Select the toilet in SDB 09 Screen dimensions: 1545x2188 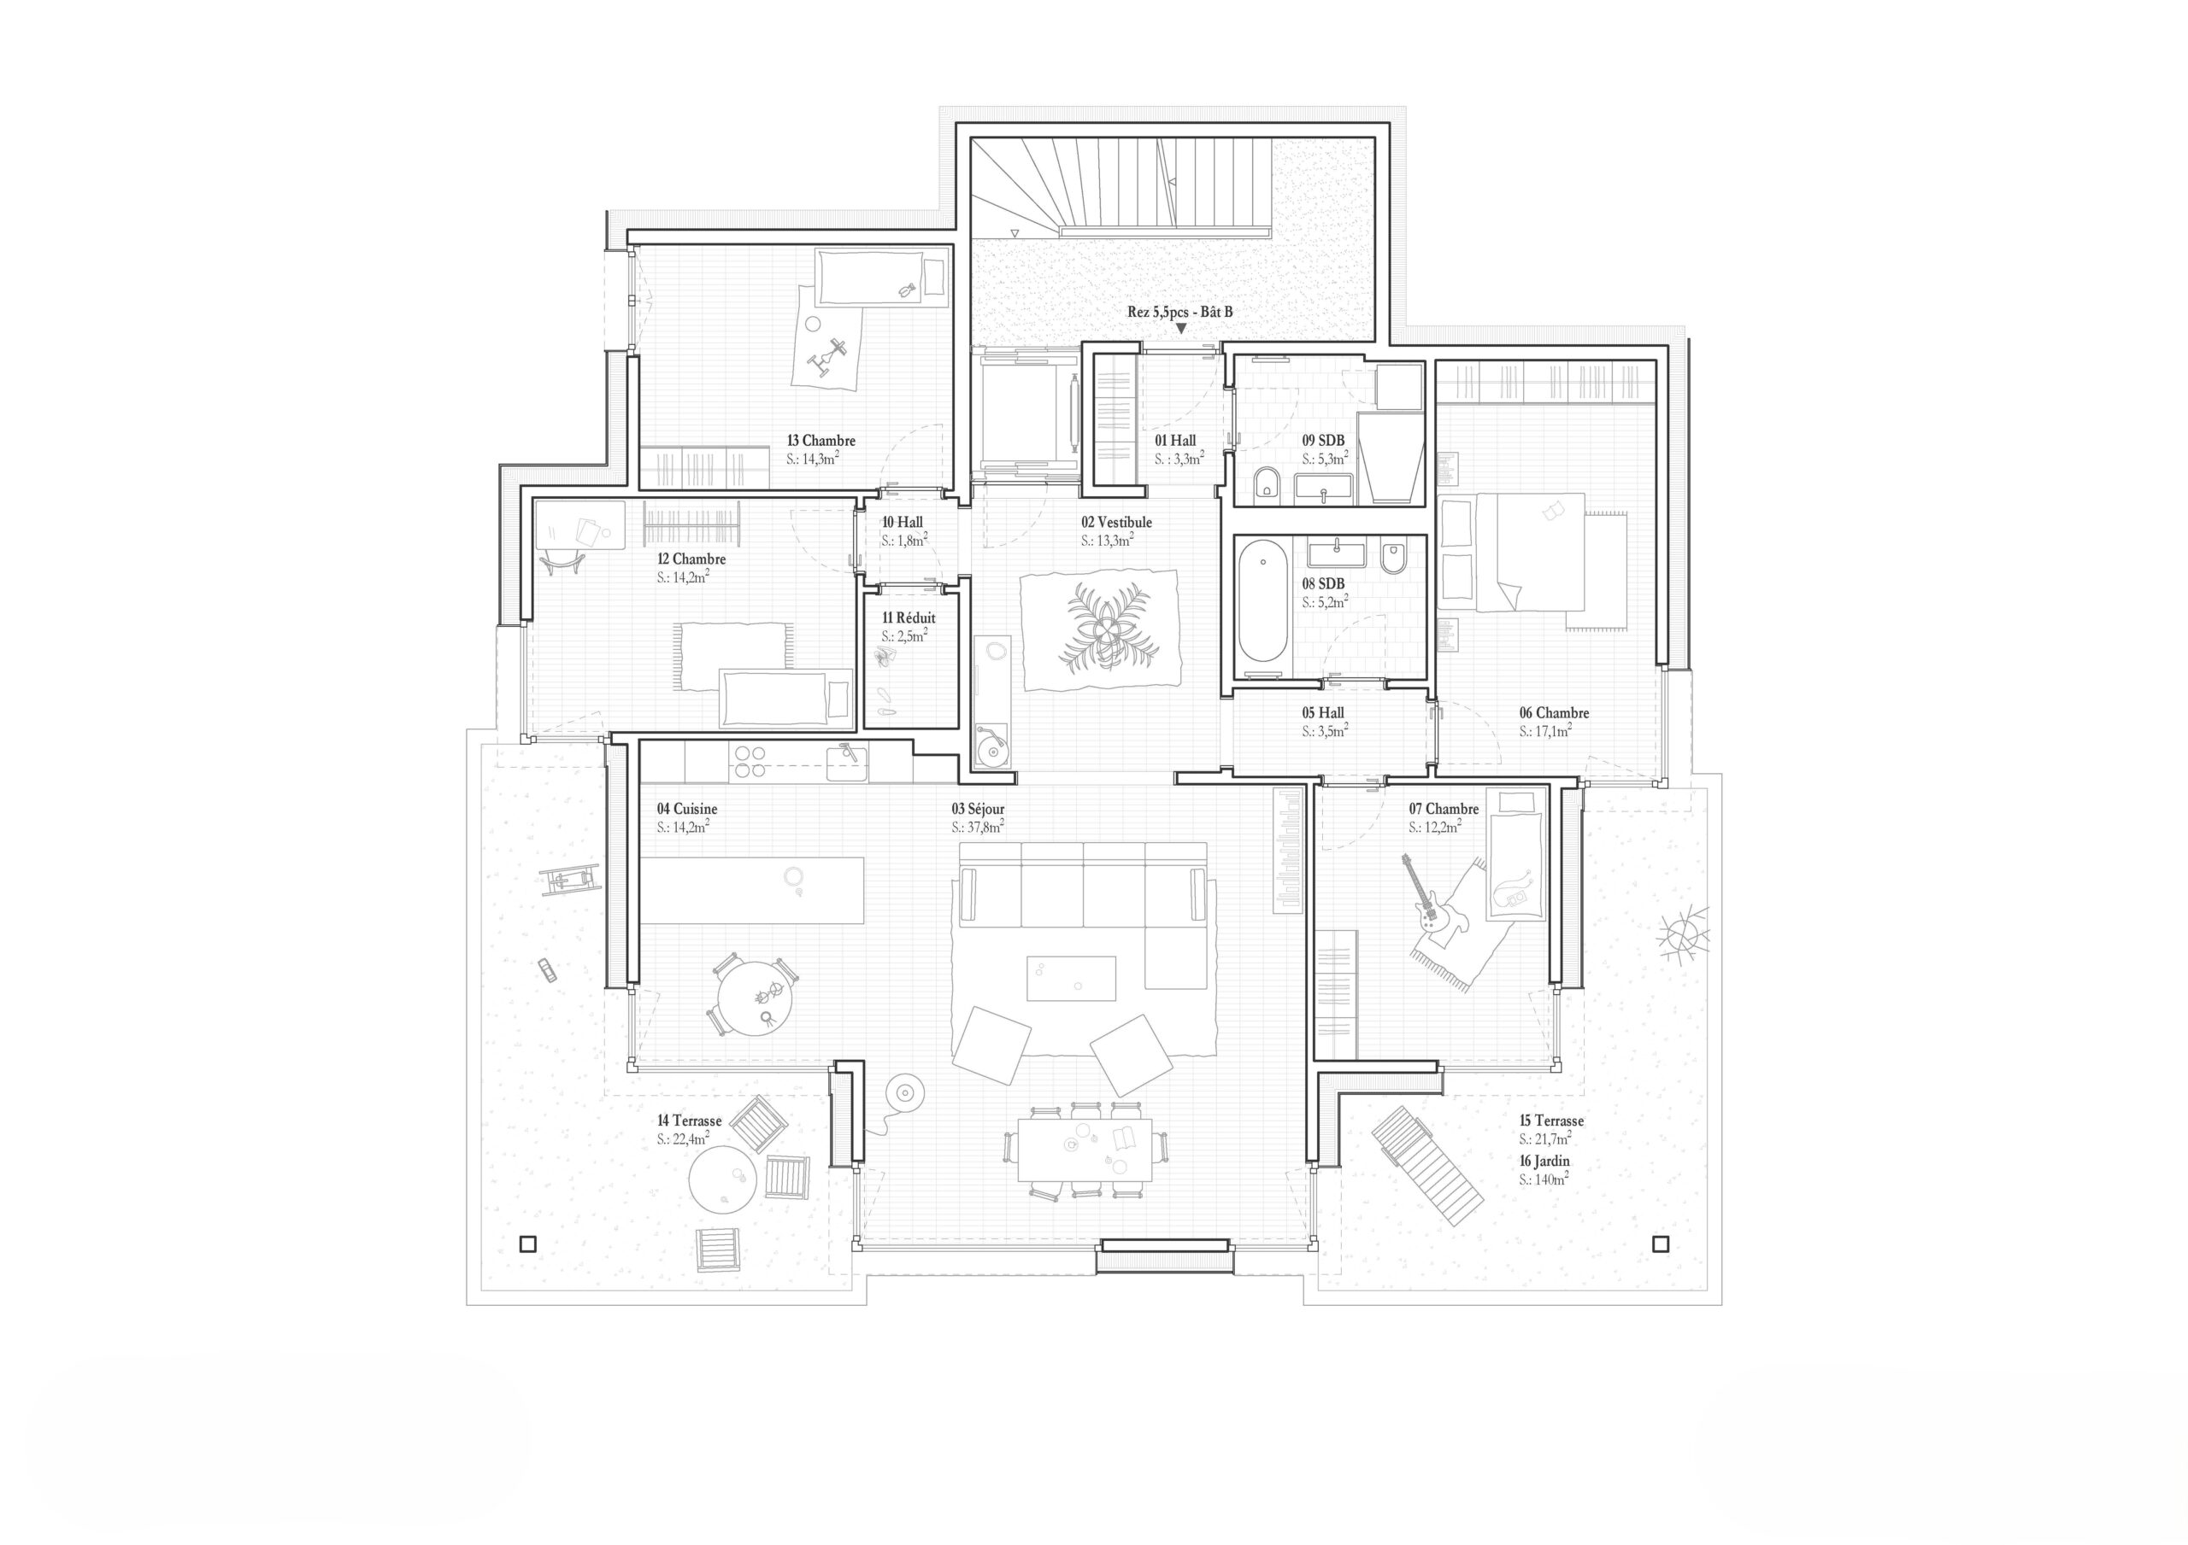coord(1267,485)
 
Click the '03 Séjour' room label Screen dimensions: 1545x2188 coord(977,809)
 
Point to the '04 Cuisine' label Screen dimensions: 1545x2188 coord(686,809)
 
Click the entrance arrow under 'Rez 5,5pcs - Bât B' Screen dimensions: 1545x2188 coord(1180,329)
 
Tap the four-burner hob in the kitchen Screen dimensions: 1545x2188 coord(749,761)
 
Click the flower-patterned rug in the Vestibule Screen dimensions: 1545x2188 coord(1100,629)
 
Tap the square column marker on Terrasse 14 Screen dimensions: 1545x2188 coord(528,1243)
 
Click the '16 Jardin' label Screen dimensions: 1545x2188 coord(1544,1162)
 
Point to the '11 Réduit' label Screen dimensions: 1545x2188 coord(909,618)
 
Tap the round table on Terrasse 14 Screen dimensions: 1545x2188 coord(723,1179)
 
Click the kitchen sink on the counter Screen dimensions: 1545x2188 coord(846,762)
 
